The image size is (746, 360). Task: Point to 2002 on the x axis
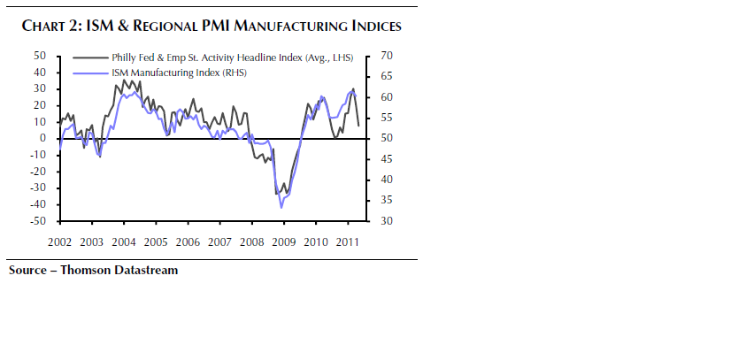pos(59,241)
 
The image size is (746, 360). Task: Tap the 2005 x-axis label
pos(155,241)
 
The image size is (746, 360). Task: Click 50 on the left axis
pos(40,56)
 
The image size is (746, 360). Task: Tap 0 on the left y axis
pos(42,138)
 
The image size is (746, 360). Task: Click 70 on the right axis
pos(386,56)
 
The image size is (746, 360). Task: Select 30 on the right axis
pos(386,221)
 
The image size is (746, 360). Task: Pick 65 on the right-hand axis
pos(386,76)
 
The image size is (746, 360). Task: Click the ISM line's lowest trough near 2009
pos(281,207)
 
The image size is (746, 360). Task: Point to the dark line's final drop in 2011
pos(358,115)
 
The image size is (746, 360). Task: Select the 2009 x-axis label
pos(282,241)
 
